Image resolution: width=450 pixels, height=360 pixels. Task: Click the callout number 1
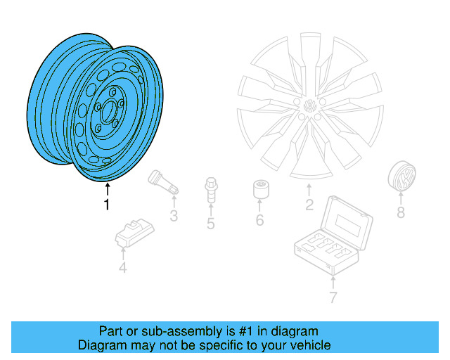pyautogui.click(x=107, y=205)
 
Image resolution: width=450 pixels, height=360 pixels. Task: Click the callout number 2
pyautogui.click(x=309, y=205)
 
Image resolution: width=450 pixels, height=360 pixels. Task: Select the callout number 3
pyautogui.click(x=173, y=217)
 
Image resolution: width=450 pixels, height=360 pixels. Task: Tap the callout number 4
pyautogui.click(x=122, y=267)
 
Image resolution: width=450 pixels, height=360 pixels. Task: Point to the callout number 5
pyautogui.click(x=210, y=224)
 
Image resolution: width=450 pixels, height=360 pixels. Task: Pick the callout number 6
pyautogui.click(x=259, y=221)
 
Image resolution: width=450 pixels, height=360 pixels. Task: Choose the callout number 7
pyautogui.click(x=333, y=297)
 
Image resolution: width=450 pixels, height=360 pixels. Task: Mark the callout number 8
pyautogui.click(x=400, y=212)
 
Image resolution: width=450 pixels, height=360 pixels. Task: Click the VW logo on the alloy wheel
pyautogui.click(x=309, y=108)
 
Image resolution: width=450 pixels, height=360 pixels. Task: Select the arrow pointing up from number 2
pyautogui.click(x=309, y=189)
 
